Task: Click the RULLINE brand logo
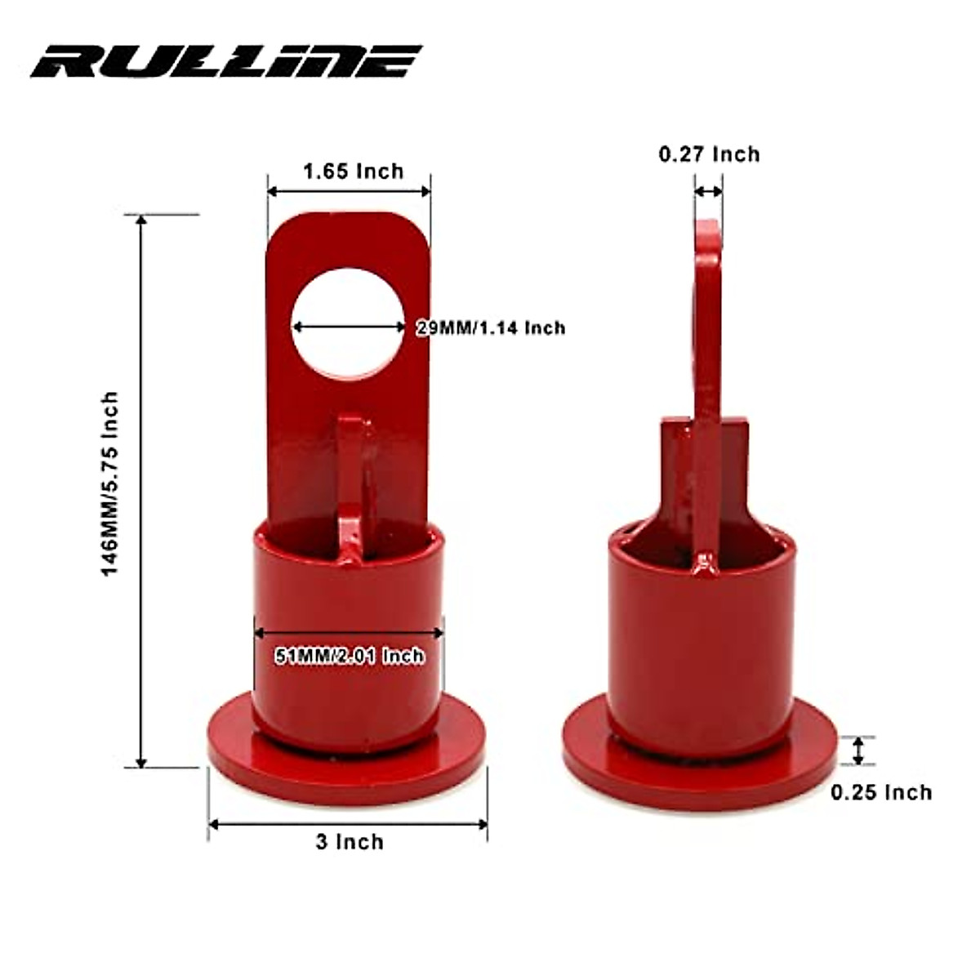(225, 61)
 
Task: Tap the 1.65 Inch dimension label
(353, 171)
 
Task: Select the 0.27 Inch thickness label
(709, 154)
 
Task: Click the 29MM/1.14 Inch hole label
(491, 327)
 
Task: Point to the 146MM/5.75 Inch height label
(109, 483)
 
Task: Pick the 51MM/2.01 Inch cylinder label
(349, 655)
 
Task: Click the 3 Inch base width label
(350, 842)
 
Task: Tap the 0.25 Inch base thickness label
(881, 792)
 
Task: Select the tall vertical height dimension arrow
(141, 490)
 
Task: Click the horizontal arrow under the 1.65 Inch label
(349, 191)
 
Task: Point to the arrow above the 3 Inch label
(348, 824)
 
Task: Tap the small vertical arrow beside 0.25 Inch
(857, 751)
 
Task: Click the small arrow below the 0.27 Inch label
(708, 191)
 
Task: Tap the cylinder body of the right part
(701, 645)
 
